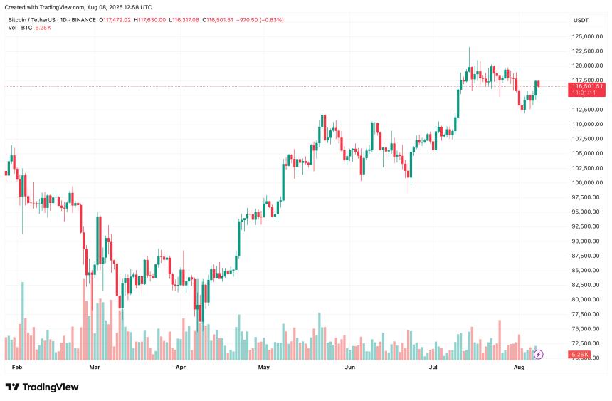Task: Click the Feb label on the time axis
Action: pyautogui.click(x=18, y=368)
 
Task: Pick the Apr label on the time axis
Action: pyautogui.click(x=180, y=368)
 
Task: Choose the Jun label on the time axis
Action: pyautogui.click(x=349, y=368)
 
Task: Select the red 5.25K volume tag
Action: pyautogui.click(x=580, y=354)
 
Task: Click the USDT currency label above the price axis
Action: pyautogui.click(x=581, y=20)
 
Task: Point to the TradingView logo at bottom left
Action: pyautogui.click(x=42, y=387)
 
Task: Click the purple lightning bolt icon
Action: pyautogui.click(x=539, y=353)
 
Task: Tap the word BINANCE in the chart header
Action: pyautogui.click(x=85, y=20)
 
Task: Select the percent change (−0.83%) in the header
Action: pyautogui.click(x=268, y=20)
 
